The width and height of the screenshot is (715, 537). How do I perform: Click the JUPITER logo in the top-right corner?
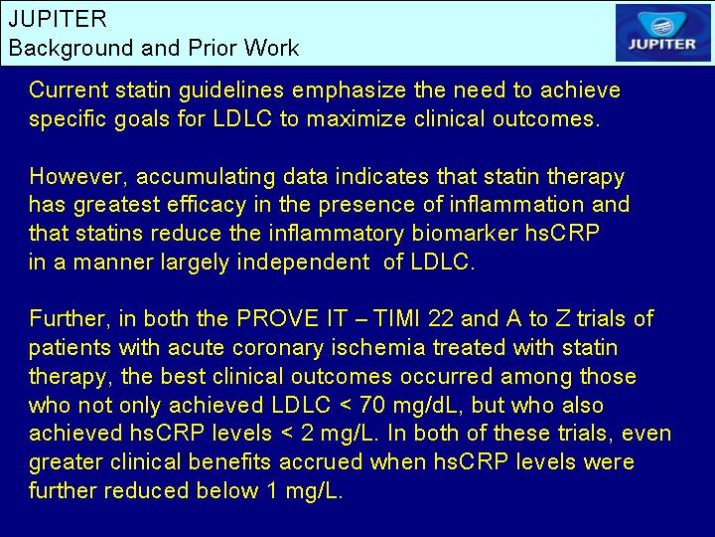662,33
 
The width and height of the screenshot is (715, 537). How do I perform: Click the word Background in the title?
71,48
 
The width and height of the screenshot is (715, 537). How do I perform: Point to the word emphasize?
349,90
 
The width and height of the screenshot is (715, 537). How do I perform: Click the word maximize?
357,118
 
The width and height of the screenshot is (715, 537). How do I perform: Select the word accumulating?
206,177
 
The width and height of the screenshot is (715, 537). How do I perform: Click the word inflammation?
516,204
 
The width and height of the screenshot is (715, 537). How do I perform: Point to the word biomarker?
464,233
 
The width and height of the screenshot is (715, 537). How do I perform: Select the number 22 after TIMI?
441,318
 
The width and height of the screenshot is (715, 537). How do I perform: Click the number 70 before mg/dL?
372,405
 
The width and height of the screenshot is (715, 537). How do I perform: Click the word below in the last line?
227,490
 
